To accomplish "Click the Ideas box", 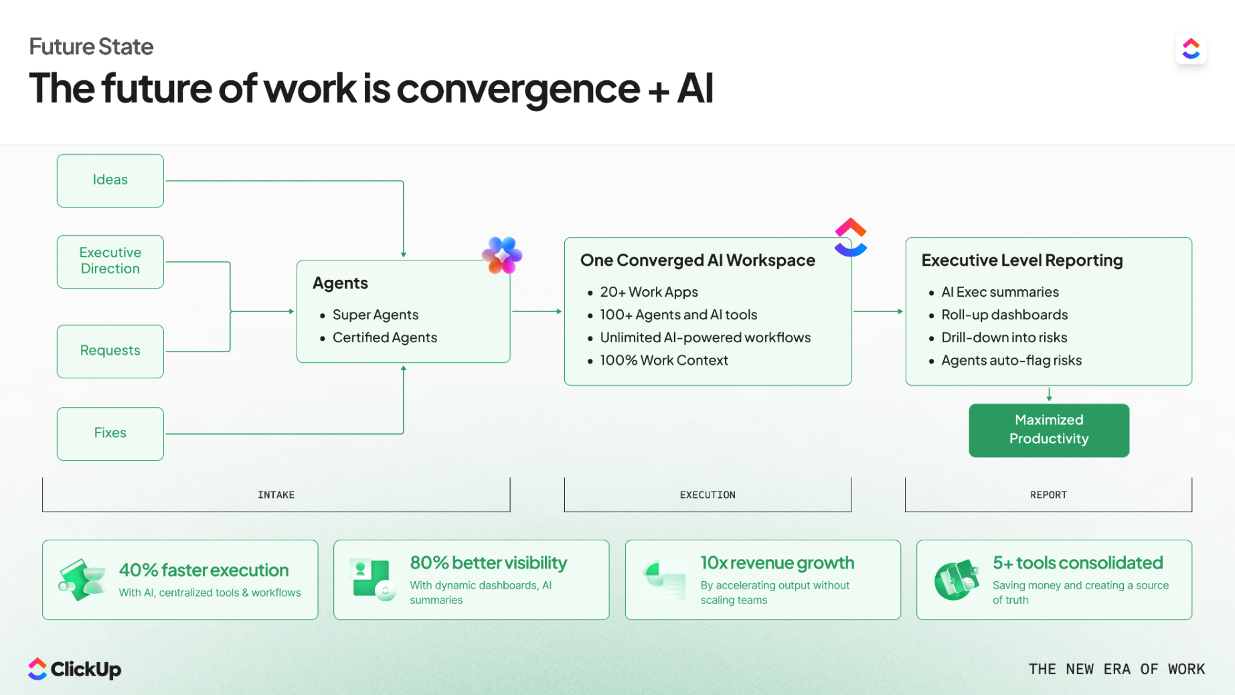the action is click(x=110, y=181).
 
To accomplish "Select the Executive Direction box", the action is click(x=110, y=261).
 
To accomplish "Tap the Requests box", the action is click(x=110, y=352).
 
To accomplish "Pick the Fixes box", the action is click(x=110, y=434).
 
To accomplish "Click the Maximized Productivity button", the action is click(x=1049, y=430).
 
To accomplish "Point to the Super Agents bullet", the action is click(x=375, y=315).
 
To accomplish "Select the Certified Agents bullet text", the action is click(x=385, y=337).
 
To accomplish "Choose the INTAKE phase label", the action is click(x=276, y=495).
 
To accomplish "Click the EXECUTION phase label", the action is click(x=708, y=495).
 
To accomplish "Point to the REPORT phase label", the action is click(x=1048, y=495).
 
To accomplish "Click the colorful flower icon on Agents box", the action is click(x=502, y=255).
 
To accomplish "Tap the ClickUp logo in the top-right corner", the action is click(x=1191, y=48).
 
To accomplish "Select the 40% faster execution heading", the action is click(x=203, y=570).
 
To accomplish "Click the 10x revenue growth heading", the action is click(x=777, y=562).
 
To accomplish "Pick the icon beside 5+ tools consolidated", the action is click(x=957, y=580).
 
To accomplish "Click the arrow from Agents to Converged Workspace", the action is click(x=537, y=311).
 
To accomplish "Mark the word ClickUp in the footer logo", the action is click(x=86, y=669).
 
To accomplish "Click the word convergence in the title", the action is click(x=518, y=88).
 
